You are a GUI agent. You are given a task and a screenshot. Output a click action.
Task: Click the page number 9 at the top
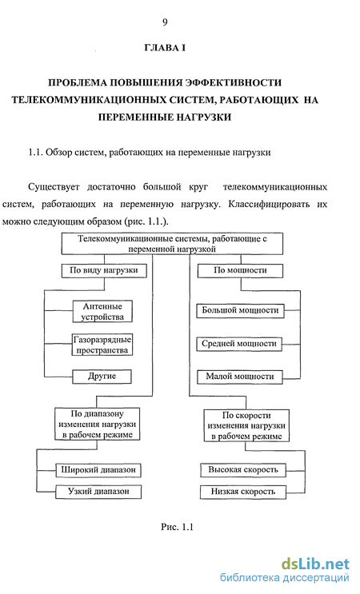point(165,22)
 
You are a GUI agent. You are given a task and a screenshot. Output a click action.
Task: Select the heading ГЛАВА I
point(165,48)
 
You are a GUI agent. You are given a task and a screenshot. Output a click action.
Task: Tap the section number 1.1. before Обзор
point(36,152)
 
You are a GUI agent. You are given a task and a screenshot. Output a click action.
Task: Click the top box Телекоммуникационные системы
point(172,244)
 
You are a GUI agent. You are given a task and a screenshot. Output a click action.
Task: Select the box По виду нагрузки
point(104,270)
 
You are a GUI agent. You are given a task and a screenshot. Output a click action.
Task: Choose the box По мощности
point(240,270)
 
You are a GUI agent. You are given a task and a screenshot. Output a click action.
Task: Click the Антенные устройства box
point(102,312)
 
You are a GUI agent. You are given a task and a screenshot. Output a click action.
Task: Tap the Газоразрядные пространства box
point(102,345)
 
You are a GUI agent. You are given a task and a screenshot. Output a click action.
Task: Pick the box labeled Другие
point(102,377)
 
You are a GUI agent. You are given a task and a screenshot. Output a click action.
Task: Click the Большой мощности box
point(240,311)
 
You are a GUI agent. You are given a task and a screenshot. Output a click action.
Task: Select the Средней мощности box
point(239,344)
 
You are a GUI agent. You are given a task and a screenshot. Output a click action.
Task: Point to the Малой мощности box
point(240,377)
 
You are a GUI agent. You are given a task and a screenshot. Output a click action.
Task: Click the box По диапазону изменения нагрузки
point(98,424)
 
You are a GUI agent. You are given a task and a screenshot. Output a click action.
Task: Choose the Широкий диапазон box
point(98,470)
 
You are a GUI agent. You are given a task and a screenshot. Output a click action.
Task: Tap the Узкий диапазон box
point(98,492)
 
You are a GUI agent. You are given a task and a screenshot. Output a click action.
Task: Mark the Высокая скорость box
point(243,470)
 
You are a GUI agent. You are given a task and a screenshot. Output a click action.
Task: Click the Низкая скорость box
point(243,492)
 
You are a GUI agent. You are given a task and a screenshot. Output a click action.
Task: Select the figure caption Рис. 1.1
point(177,527)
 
